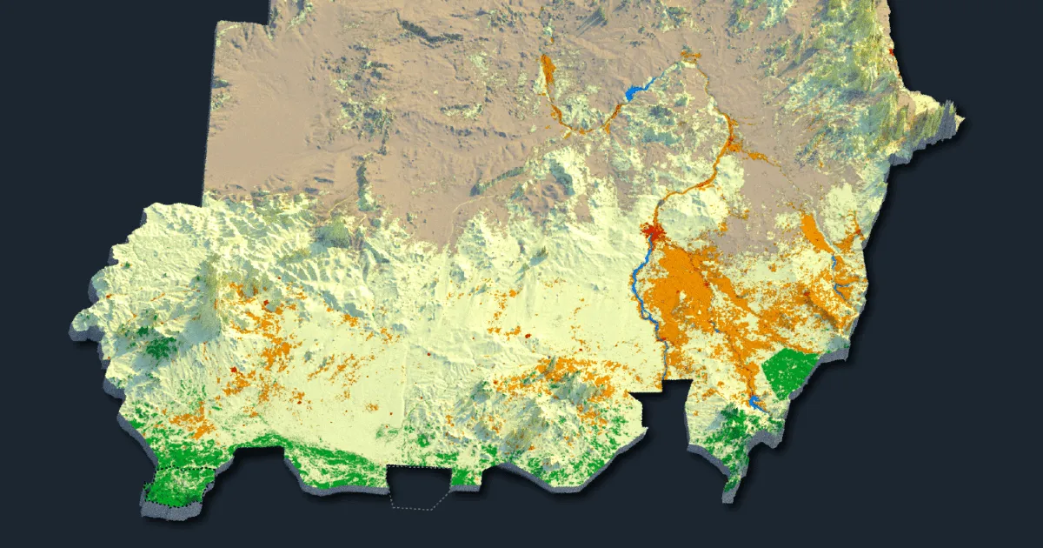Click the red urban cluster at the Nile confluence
(x=653, y=231)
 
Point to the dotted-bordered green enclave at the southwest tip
(x=174, y=486)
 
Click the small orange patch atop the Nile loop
(x=691, y=57)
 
